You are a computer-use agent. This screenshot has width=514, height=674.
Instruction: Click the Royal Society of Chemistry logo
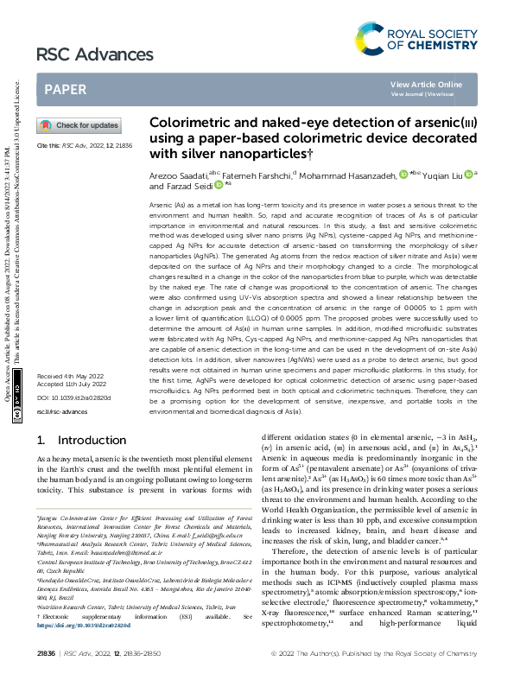[416, 38]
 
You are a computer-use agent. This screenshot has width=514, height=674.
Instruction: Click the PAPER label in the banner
[66, 89]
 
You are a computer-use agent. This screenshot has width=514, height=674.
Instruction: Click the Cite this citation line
[84, 146]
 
